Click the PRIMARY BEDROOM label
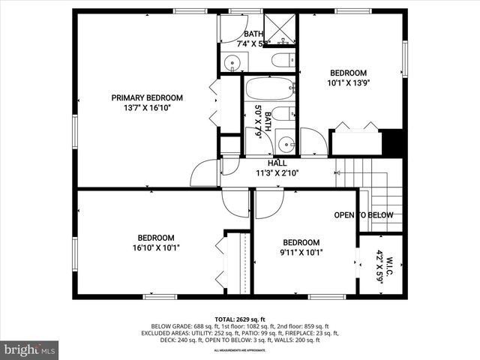[x=147, y=97]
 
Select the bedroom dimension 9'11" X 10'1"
[x=301, y=253]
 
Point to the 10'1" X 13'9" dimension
[x=349, y=84]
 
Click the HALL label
[x=277, y=163]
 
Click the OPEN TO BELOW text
[x=364, y=215]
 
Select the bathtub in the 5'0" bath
[x=270, y=89]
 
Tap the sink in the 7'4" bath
[x=229, y=61]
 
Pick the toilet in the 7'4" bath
[x=281, y=61]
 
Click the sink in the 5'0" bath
[x=285, y=142]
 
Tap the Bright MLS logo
[x=30, y=349]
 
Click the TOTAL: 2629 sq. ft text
[x=240, y=319]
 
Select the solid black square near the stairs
[x=391, y=142]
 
